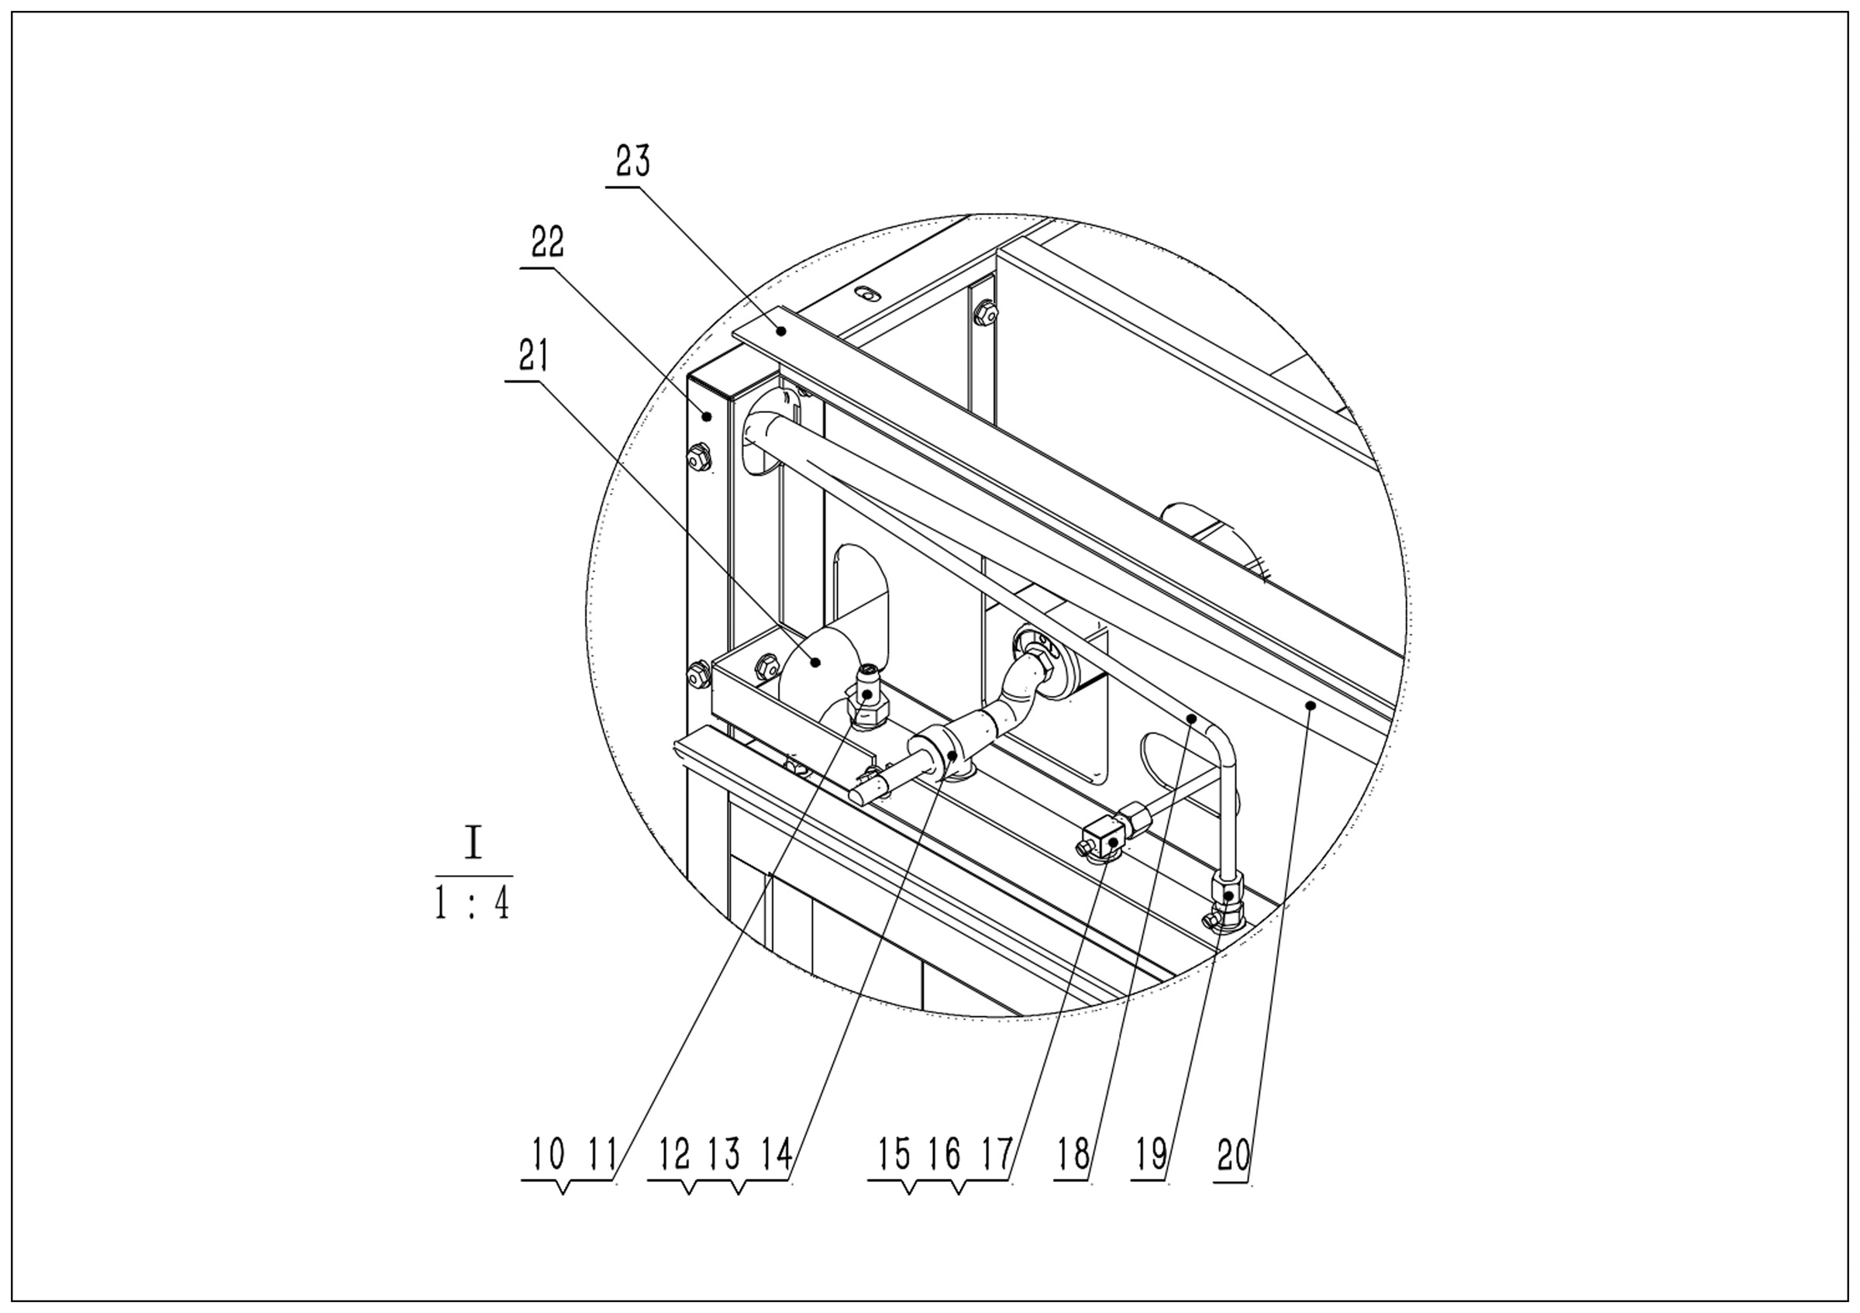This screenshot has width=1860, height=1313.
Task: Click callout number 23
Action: coord(632,161)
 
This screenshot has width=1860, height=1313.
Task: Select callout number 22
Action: coord(548,241)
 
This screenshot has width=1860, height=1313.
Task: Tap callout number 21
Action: coord(533,355)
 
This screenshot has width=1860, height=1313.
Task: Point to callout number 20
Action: coord(1233,1154)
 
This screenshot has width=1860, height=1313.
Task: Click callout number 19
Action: coord(1152,1153)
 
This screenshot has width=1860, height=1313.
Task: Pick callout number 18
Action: coord(1074,1153)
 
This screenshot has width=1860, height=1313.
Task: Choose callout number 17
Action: coord(997,1153)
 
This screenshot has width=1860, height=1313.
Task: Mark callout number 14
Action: coord(776,1153)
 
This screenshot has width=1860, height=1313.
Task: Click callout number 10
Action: coord(549,1153)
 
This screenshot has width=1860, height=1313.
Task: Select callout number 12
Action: coord(674,1153)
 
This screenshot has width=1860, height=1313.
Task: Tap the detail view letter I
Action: coord(473,844)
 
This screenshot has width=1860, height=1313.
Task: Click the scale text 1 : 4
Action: coord(473,904)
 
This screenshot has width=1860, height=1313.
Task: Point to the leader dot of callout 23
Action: coord(782,329)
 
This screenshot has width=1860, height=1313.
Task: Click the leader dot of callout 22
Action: coord(706,416)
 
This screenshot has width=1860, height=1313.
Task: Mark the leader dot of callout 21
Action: coord(817,662)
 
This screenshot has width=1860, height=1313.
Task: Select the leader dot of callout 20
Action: coord(1310,705)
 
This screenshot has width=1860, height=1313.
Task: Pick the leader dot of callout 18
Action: coord(1193,718)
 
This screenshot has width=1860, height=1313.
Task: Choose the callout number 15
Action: coord(894,1153)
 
